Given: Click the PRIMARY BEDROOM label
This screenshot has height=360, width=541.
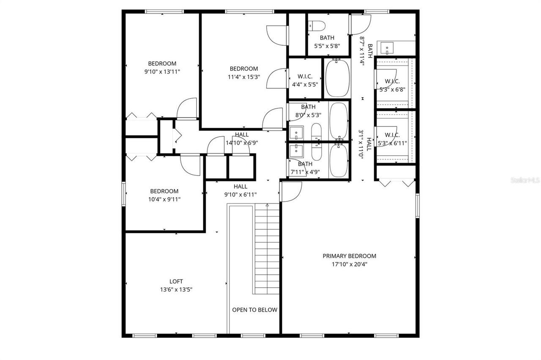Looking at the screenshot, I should (349, 256).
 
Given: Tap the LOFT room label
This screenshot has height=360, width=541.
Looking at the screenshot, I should (176, 281).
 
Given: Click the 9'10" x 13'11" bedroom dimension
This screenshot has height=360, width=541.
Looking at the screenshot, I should (162, 72).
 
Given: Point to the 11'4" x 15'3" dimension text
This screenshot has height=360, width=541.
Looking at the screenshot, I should (244, 77).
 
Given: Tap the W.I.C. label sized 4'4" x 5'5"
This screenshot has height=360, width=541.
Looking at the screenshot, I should (305, 77).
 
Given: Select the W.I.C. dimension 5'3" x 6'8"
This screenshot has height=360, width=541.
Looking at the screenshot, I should (392, 89).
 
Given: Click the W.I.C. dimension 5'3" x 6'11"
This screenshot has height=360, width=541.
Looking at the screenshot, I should (392, 143).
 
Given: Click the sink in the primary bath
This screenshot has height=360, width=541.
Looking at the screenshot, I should (387, 48).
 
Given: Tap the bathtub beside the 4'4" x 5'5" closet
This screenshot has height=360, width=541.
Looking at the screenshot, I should (337, 78).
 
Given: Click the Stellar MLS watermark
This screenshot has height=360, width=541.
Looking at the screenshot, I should (525, 180).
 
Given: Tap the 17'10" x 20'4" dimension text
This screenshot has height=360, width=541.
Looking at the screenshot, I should (349, 264).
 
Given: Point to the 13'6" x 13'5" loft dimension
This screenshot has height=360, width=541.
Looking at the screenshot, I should (176, 290).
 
